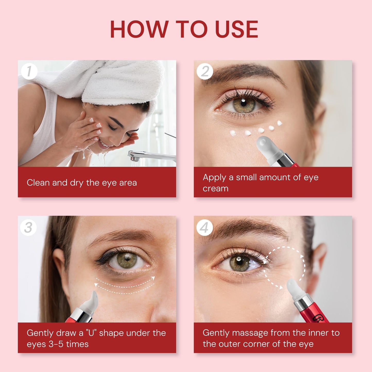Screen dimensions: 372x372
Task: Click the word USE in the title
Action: tap(236, 29)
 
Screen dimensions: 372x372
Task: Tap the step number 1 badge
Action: tap(29, 71)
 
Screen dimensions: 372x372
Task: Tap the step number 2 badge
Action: tap(205, 71)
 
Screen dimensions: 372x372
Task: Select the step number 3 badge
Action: tap(28, 227)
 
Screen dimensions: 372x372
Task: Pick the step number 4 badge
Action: tap(204, 228)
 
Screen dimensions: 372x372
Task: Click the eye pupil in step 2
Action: tap(244, 103)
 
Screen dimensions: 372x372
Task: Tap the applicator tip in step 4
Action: tap(294, 287)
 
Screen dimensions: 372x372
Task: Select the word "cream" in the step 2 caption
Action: tap(215, 188)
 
